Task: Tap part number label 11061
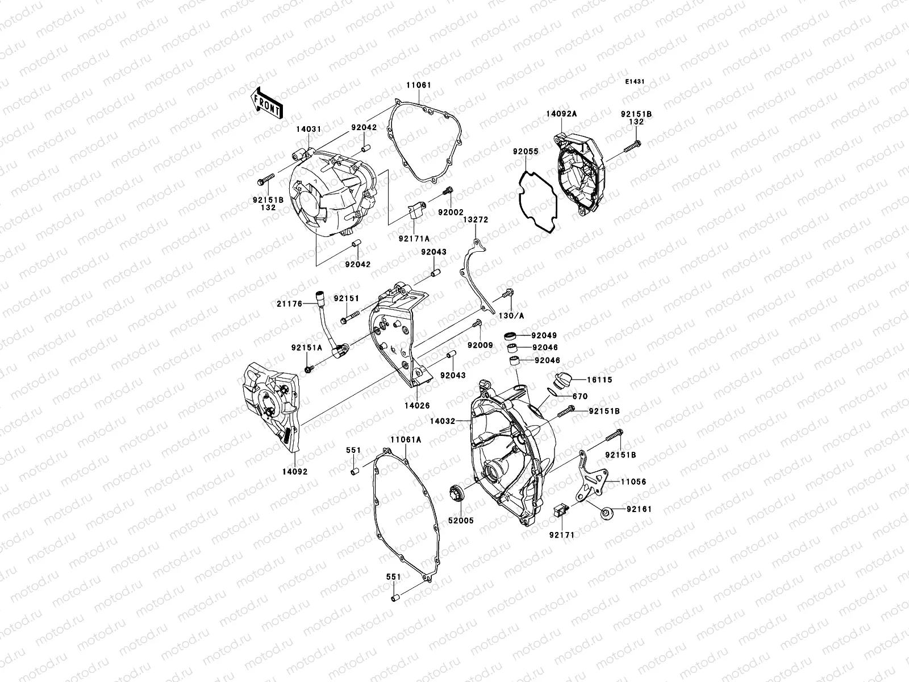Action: (x=418, y=85)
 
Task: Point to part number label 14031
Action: (x=308, y=129)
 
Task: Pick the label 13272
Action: (x=475, y=219)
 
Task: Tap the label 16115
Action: (x=600, y=379)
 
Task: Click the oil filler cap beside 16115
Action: (x=562, y=380)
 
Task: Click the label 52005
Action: (x=460, y=520)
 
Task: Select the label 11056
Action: (x=633, y=482)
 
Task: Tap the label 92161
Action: (x=639, y=509)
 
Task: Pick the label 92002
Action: (x=451, y=212)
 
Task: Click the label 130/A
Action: (x=507, y=315)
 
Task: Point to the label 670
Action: (x=580, y=397)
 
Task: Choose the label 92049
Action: (x=545, y=336)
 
